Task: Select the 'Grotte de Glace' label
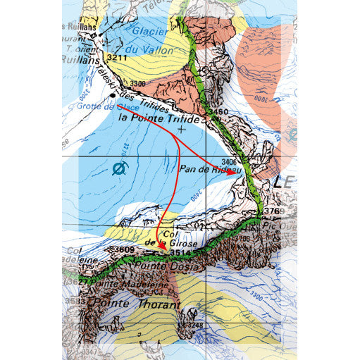click(x=92, y=106)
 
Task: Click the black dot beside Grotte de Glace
click(x=113, y=95)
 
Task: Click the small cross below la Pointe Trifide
click(x=182, y=130)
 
